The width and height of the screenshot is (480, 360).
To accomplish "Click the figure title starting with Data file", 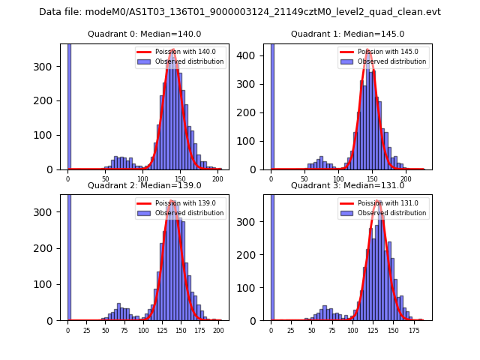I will [240, 12].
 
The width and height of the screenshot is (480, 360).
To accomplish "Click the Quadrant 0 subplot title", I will [144, 34].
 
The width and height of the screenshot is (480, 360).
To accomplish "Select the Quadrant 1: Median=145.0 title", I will [347, 34].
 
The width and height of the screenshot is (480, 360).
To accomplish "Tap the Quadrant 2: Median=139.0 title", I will [144, 185].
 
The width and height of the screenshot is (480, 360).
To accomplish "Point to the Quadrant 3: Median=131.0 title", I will [347, 185].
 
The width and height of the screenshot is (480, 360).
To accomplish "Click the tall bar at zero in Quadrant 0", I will [68, 105].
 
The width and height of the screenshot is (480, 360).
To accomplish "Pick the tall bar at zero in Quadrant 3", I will [271, 255].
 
